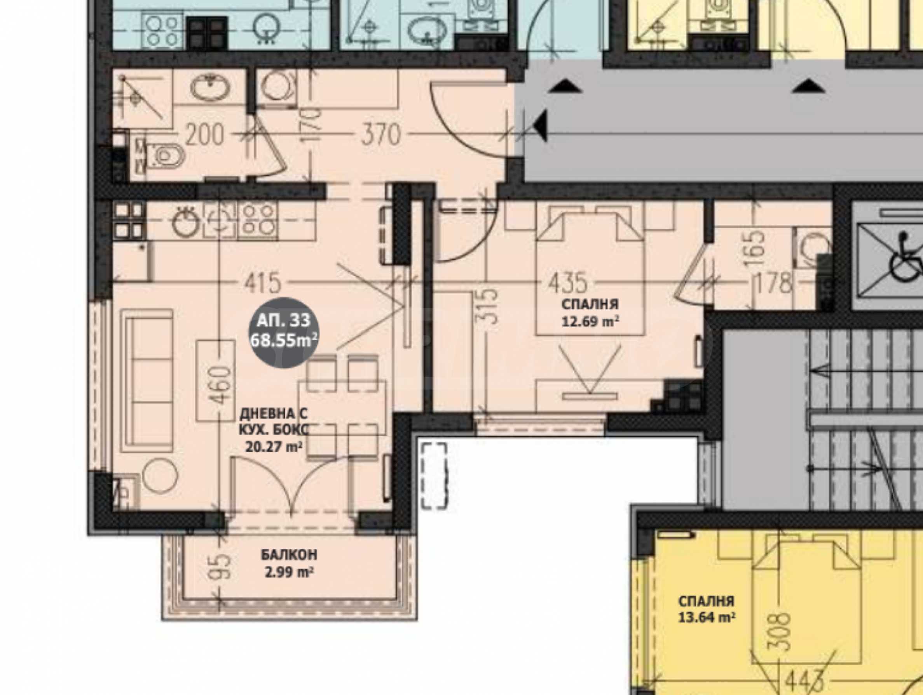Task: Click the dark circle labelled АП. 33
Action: pos(284,333)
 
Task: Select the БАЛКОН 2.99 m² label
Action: pos(289,563)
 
